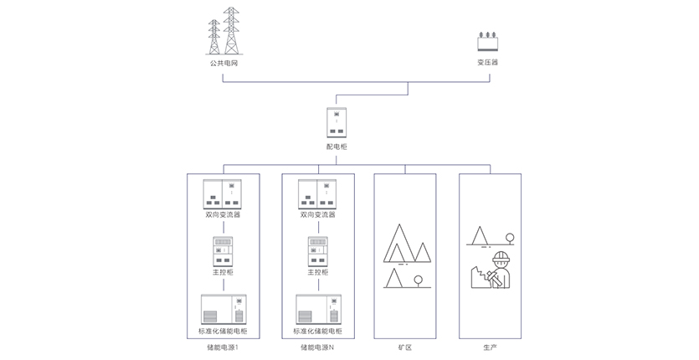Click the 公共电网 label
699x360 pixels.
pos(223,63)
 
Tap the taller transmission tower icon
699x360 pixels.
pos(232,31)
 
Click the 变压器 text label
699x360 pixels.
pos(487,63)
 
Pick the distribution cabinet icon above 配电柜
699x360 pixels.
pos(336,123)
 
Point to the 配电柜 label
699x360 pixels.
pos(336,147)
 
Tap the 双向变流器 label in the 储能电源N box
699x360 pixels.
pos(317,214)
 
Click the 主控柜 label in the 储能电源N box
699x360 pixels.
pos(317,273)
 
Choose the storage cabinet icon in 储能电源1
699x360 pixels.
pos(223,310)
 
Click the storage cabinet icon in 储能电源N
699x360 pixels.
pos(317,310)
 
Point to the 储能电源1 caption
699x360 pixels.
pos(223,347)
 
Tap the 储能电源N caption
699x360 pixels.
pos(317,347)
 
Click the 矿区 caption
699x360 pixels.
pos(405,347)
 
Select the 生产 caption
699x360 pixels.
pos(490,347)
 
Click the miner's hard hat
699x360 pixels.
pos(501,257)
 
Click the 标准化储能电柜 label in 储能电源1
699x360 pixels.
pos(223,332)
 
